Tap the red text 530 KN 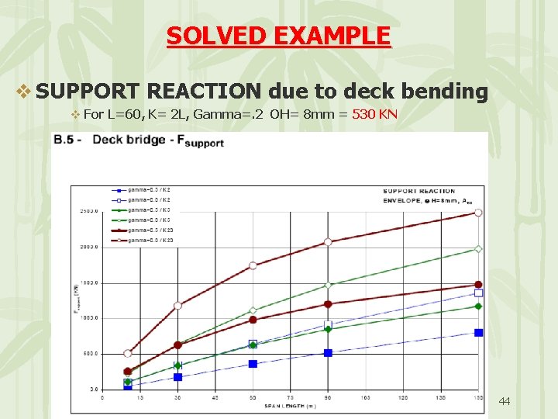click(x=374, y=115)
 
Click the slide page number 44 click(x=505, y=401)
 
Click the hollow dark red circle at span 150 click(x=478, y=212)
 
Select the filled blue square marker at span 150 click(x=478, y=332)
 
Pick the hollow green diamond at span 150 click(x=478, y=249)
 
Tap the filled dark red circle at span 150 click(x=478, y=285)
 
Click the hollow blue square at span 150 click(x=478, y=293)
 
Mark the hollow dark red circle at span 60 click(x=253, y=265)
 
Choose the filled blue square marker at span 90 click(x=328, y=352)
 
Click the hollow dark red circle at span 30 click(x=177, y=306)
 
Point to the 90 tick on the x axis click(x=328, y=398)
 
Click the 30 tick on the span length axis click(x=177, y=398)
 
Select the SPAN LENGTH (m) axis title click(x=291, y=406)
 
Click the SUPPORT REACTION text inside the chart click(x=418, y=191)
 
